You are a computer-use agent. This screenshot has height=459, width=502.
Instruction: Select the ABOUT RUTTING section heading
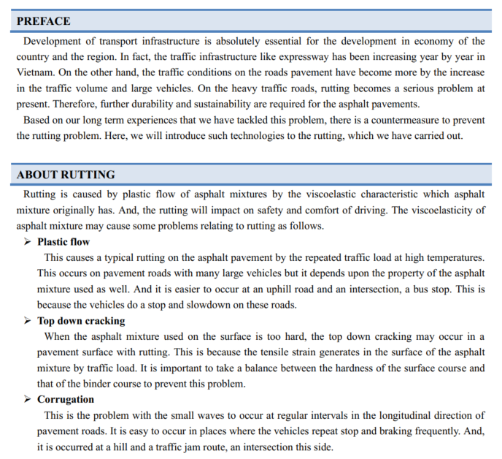click(66, 175)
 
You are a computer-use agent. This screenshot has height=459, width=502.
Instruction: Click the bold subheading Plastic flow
click(63, 242)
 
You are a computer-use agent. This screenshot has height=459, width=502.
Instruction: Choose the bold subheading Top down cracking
click(81, 321)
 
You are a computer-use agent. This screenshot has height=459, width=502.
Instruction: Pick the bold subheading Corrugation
click(66, 400)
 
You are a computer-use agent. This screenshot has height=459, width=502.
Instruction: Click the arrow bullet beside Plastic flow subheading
click(28, 242)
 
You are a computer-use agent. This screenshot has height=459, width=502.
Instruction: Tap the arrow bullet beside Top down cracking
click(28, 321)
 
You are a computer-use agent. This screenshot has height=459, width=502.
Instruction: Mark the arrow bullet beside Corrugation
click(28, 400)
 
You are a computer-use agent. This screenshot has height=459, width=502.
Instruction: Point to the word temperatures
click(455, 257)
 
